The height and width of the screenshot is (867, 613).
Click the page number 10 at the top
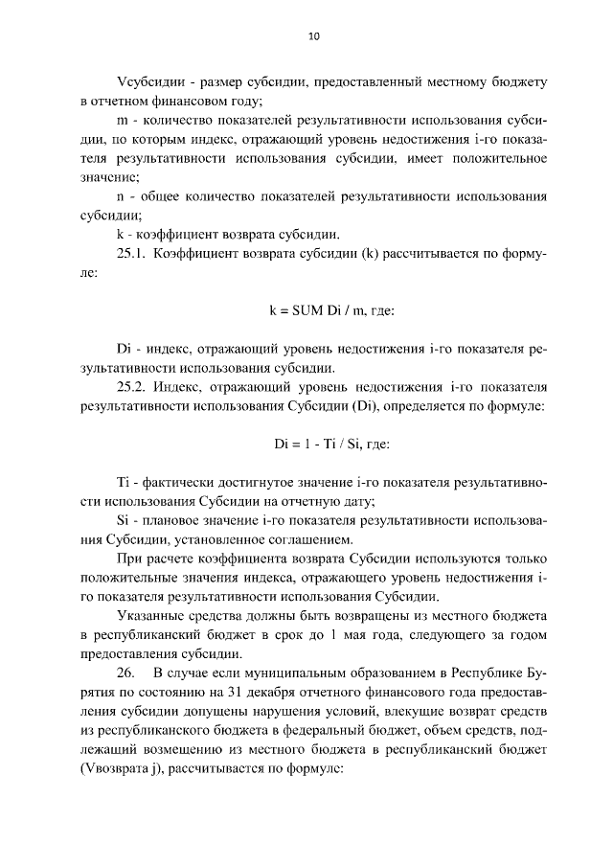313,36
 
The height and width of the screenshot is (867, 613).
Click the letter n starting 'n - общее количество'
120,196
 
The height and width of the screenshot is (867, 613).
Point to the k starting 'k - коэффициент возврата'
119,235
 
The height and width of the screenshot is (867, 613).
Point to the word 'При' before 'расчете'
127,559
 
